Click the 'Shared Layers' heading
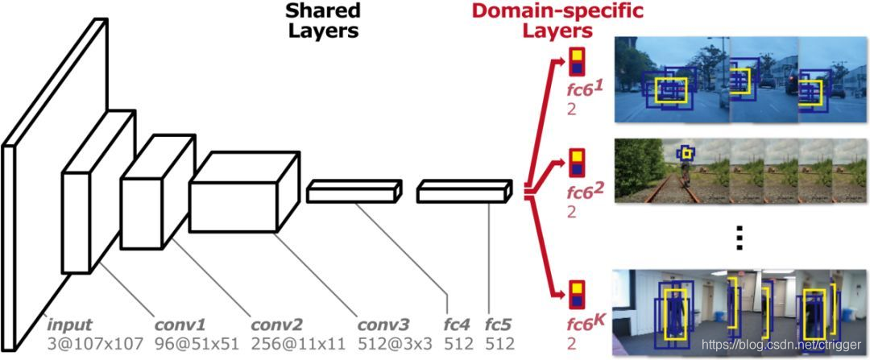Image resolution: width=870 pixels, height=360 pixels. pyautogui.click(x=321, y=22)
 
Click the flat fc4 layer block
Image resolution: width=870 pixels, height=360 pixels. pyautogui.click(x=355, y=190)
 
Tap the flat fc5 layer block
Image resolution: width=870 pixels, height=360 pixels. pyautogui.click(x=464, y=192)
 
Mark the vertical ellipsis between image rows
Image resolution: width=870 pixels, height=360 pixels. pyautogui.click(x=741, y=237)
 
